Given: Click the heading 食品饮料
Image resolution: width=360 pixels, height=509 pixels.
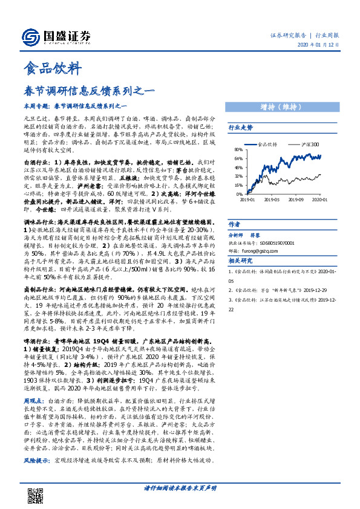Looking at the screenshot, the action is pyautogui.click(x=50, y=67).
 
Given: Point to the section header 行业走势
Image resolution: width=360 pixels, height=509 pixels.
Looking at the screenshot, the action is pyautogui.click(x=241, y=128).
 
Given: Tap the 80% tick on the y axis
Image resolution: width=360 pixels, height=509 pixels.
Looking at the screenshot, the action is pyautogui.click(x=238, y=149).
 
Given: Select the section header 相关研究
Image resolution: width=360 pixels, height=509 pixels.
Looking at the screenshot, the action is pyautogui.click(x=241, y=261).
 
